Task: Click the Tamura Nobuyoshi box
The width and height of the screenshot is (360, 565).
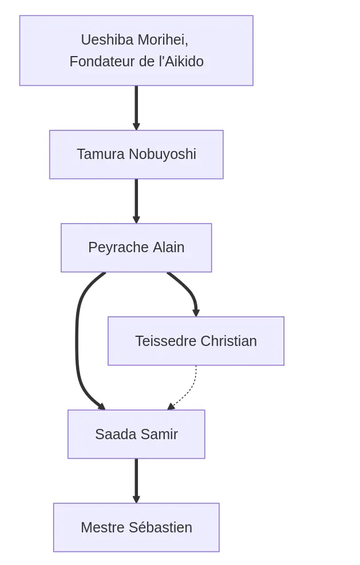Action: [x=136, y=154]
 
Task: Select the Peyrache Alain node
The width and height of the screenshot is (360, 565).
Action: [x=136, y=248]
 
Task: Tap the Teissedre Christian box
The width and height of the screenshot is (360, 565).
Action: [x=196, y=341]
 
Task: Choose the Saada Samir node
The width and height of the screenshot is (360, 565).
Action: [x=136, y=434]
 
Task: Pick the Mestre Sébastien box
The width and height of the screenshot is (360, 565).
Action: [x=136, y=527]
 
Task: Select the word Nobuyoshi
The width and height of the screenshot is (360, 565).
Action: [x=163, y=154]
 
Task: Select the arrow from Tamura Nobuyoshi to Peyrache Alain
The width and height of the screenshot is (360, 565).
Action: [x=136, y=201]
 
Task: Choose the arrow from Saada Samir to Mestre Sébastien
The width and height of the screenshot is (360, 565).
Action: [x=136, y=480]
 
